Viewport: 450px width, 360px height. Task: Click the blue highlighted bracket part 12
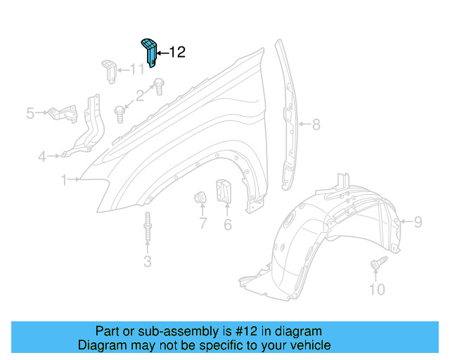[x=149, y=52]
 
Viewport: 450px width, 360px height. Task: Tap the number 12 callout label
[x=176, y=52]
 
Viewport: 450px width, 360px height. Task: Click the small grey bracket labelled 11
[x=108, y=70]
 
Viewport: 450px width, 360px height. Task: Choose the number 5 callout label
[x=30, y=112]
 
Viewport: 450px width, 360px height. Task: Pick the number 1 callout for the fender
[x=64, y=180]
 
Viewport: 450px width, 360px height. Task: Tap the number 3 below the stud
[x=147, y=263]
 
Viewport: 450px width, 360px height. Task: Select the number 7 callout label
[x=202, y=225]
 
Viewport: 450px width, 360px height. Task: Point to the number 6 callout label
[x=228, y=225]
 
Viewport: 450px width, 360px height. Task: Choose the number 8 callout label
[x=316, y=125]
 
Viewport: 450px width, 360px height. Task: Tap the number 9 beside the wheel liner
[x=418, y=222]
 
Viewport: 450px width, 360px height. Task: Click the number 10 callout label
[x=378, y=289]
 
